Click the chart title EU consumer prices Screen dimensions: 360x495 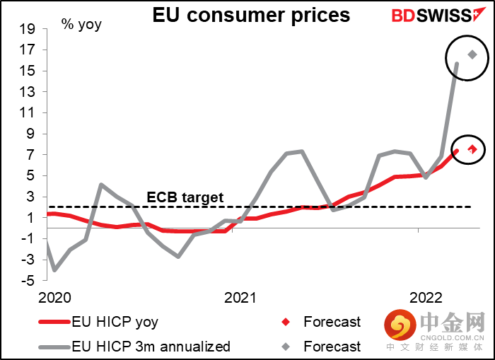point(251,15)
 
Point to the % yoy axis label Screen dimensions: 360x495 point(81,25)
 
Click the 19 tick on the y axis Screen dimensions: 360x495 point(27,29)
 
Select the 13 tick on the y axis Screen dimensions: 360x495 point(27,92)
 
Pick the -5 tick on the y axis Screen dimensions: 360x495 point(27,281)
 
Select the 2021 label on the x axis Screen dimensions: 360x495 point(241,297)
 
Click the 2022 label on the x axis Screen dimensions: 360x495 point(427,297)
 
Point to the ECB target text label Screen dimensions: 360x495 point(185,197)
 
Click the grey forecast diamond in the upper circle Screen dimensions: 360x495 point(472,54)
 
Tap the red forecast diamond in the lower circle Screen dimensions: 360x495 point(472,149)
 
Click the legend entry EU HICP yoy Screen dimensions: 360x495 point(115,323)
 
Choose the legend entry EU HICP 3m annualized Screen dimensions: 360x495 point(151,347)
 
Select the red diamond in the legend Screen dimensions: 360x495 point(285,323)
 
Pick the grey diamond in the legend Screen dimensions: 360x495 point(285,347)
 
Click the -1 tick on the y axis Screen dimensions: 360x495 point(27,239)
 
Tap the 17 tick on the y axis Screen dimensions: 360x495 point(27,50)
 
